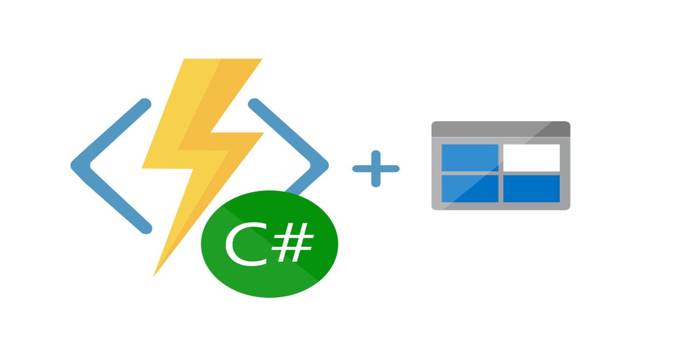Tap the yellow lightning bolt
189,143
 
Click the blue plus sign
376,169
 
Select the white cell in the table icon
531,158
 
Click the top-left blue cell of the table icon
469,158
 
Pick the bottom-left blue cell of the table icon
469,189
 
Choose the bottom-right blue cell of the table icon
531,189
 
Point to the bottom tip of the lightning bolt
155,273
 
